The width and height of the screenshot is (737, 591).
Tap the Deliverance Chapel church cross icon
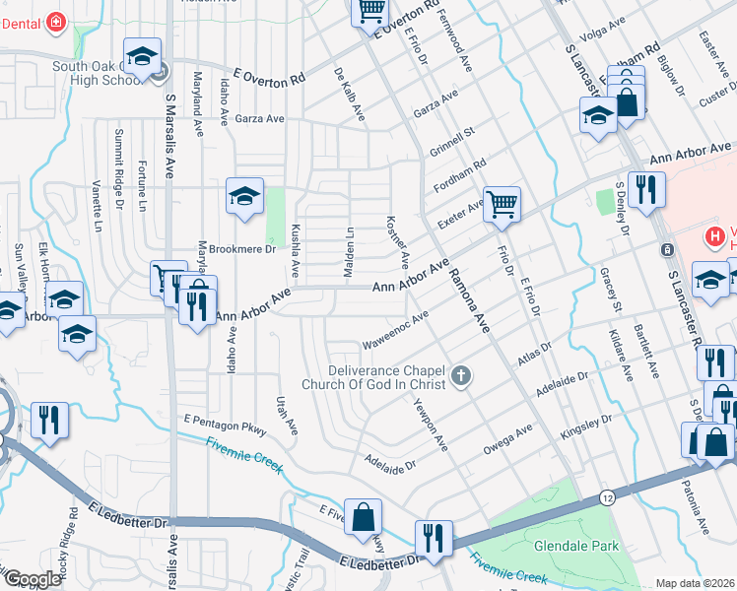tap(460, 375)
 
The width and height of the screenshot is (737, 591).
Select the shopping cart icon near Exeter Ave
tap(502, 205)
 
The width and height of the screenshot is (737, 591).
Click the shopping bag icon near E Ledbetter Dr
tap(364, 516)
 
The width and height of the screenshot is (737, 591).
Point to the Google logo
tap(33, 579)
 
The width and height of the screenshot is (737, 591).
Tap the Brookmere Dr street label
tap(242, 249)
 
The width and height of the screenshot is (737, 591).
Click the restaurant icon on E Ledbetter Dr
tap(433, 538)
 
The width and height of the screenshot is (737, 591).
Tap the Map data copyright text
tap(695, 583)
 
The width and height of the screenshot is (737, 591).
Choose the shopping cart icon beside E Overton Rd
tap(370, 11)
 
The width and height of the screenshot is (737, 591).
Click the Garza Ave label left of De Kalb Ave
tap(260, 119)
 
